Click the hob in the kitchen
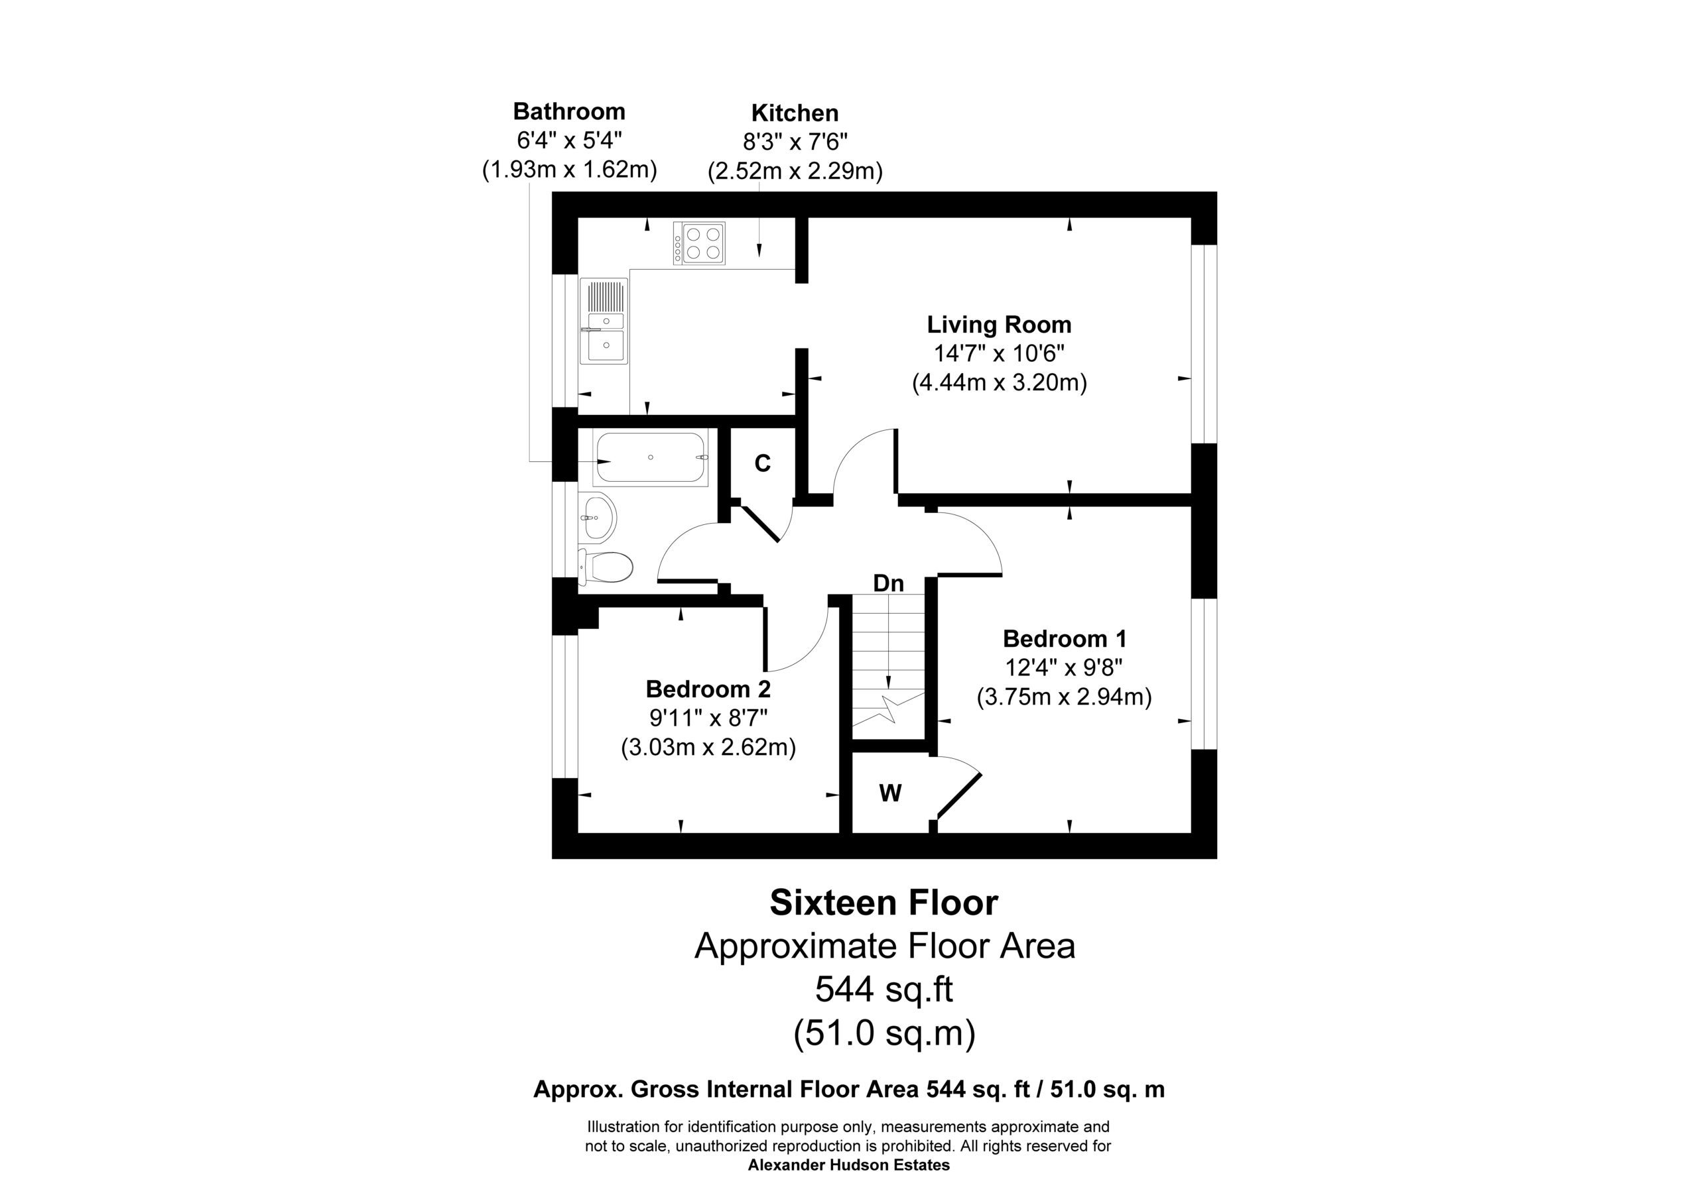coord(699,243)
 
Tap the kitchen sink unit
coord(604,321)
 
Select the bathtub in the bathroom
coord(650,457)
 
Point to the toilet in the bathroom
coord(605,567)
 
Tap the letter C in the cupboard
coord(763,463)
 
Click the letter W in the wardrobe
coord(890,793)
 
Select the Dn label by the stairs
coord(888,583)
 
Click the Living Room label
coord(999,325)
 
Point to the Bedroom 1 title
coord(1064,639)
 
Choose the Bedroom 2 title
coord(708,689)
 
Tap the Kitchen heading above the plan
coord(795,113)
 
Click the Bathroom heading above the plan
coord(570,111)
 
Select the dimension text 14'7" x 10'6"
coord(999,353)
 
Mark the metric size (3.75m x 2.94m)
coord(1064,697)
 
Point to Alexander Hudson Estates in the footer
coord(849,1166)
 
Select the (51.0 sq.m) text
coord(885,1033)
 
